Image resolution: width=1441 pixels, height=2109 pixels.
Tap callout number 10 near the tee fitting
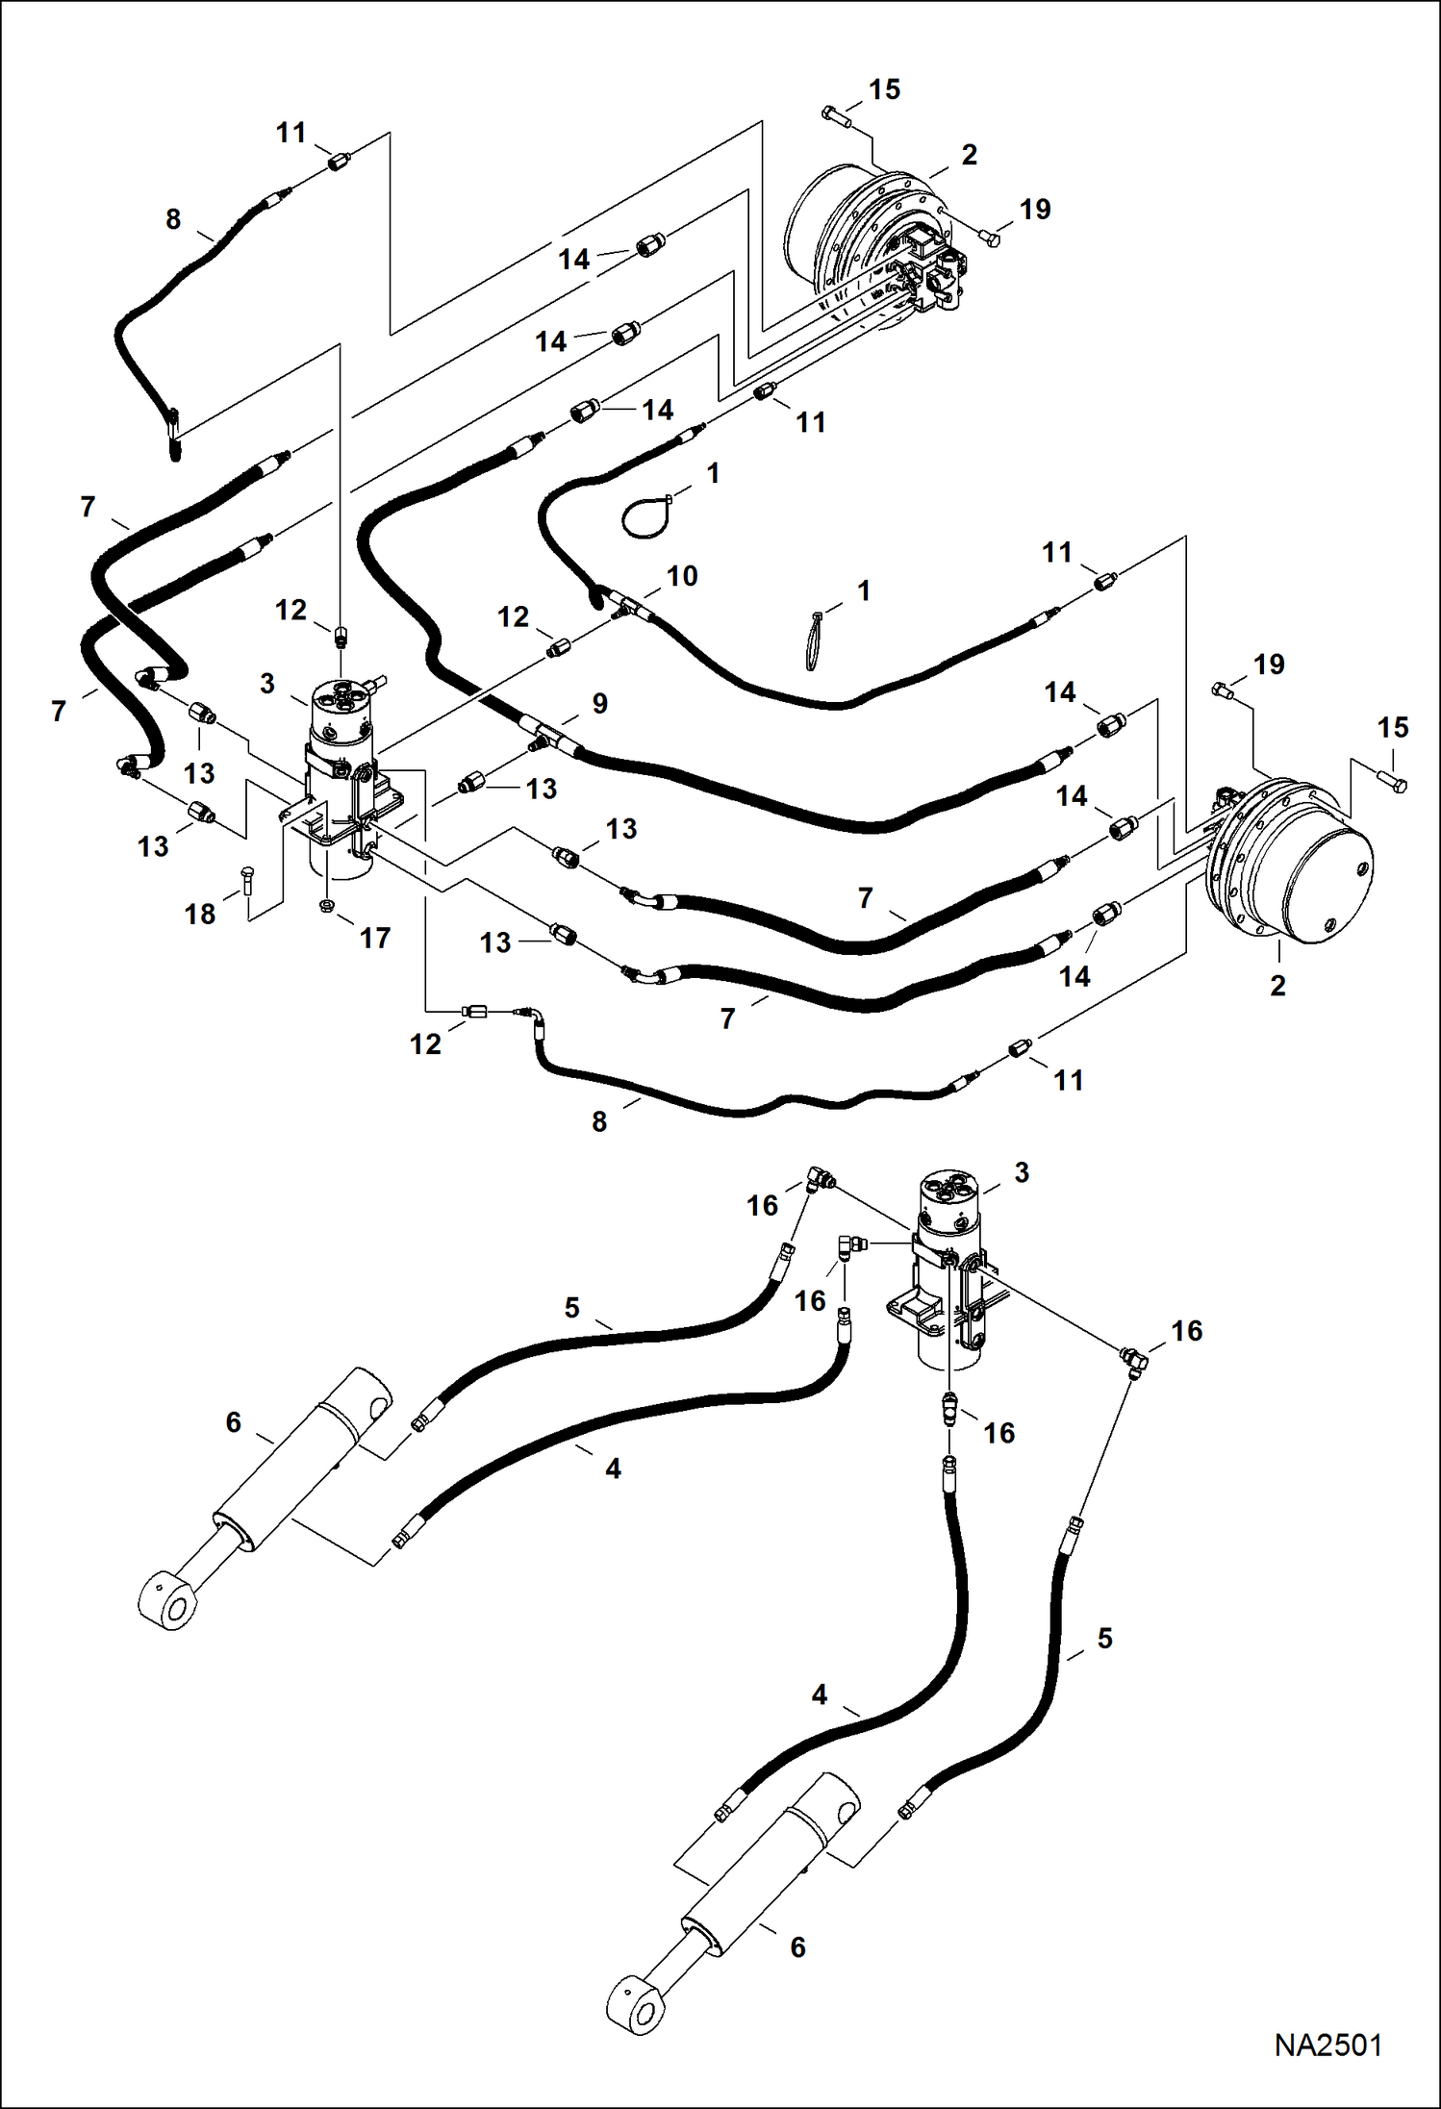point(682,576)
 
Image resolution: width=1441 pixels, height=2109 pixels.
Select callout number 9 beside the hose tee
point(600,703)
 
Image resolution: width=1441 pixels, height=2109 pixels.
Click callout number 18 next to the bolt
point(200,914)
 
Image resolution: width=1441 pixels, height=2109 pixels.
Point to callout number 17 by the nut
point(375,938)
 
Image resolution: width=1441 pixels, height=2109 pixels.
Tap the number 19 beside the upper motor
point(1035,209)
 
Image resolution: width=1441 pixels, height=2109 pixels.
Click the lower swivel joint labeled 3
point(948,1269)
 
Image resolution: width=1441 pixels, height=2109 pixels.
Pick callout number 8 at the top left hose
point(173,219)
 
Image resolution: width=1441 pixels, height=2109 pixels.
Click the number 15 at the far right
point(1393,728)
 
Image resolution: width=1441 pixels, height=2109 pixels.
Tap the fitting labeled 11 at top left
point(338,163)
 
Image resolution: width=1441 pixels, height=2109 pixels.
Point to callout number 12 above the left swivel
point(291,610)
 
